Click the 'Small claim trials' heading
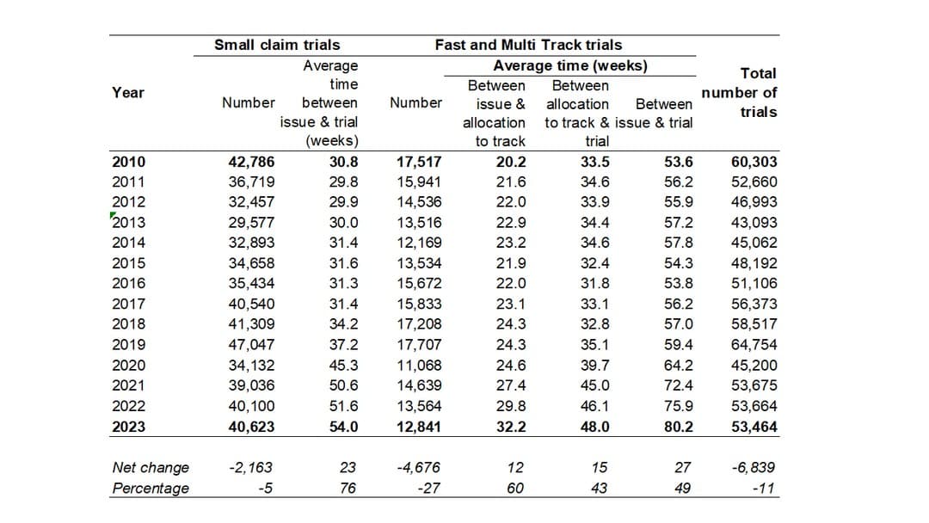pyautogui.click(x=276, y=45)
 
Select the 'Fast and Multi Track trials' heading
pyautogui.click(x=528, y=45)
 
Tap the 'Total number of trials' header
pyautogui.click(x=739, y=93)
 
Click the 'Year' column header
pyautogui.click(x=128, y=93)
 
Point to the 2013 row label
pyautogui.click(x=129, y=223)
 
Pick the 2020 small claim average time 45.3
pyautogui.click(x=343, y=366)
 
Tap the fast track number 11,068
pyautogui.click(x=419, y=366)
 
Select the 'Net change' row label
pyautogui.click(x=151, y=468)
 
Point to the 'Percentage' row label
pyautogui.click(x=151, y=489)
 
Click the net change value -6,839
pyautogui.click(x=752, y=468)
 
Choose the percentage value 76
pyautogui.click(x=348, y=489)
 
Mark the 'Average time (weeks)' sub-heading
pyautogui.click(x=570, y=65)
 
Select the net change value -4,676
pyautogui.click(x=419, y=468)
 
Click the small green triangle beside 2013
pyautogui.click(x=113, y=215)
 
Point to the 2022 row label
pyautogui.click(x=129, y=406)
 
